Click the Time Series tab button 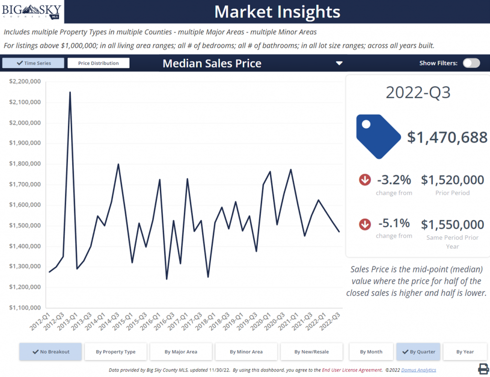[33, 63]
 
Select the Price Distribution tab [98, 63]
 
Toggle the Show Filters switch [471, 63]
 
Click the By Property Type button [115, 352]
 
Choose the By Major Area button [181, 352]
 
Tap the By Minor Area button [246, 352]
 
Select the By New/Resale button [312, 352]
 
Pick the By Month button [371, 352]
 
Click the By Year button [465, 352]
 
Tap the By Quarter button [418, 352]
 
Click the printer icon [483, 368]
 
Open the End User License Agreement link [352, 370]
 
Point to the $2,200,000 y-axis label [25, 82]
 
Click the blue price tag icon [378, 136]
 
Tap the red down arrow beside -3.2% [365, 180]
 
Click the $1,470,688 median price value [447, 138]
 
